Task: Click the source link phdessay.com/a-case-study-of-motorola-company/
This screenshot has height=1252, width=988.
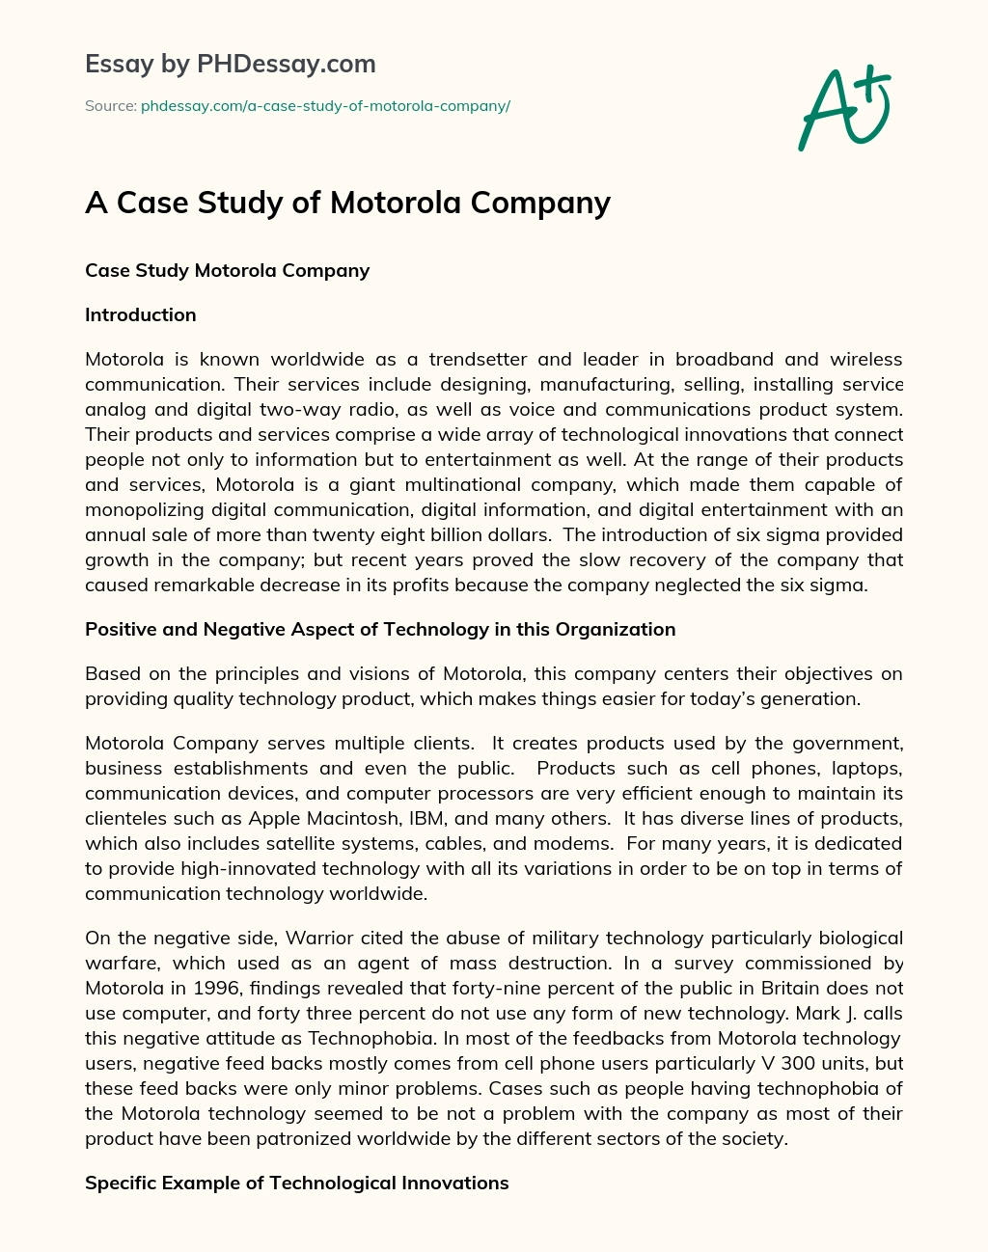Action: (325, 106)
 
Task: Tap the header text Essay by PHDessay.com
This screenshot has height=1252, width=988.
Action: (230, 64)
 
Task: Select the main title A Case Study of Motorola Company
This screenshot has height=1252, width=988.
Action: (347, 203)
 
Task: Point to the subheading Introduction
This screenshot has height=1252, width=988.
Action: (141, 314)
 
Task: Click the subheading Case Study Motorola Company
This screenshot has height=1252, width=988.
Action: (227, 270)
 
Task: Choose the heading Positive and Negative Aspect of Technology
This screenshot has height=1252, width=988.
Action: (380, 629)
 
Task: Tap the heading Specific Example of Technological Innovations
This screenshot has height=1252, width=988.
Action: (296, 1183)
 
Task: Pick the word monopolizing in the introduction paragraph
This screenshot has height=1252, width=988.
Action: (149, 509)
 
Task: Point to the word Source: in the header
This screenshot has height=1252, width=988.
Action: (110, 106)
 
